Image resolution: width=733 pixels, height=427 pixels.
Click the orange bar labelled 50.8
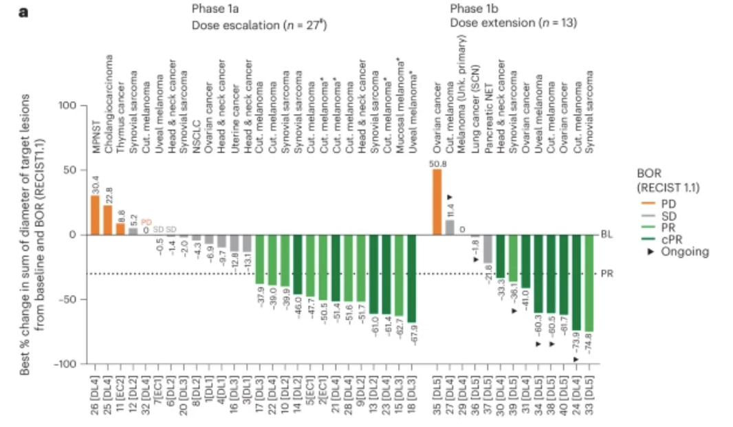click(x=437, y=201)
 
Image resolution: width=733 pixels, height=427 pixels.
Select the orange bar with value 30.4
click(x=95, y=215)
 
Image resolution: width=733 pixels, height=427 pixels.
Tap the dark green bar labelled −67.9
click(x=412, y=278)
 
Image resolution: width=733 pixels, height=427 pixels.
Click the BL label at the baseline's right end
click(x=606, y=234)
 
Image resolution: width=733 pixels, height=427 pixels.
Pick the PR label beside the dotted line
click(x=606, y=273)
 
